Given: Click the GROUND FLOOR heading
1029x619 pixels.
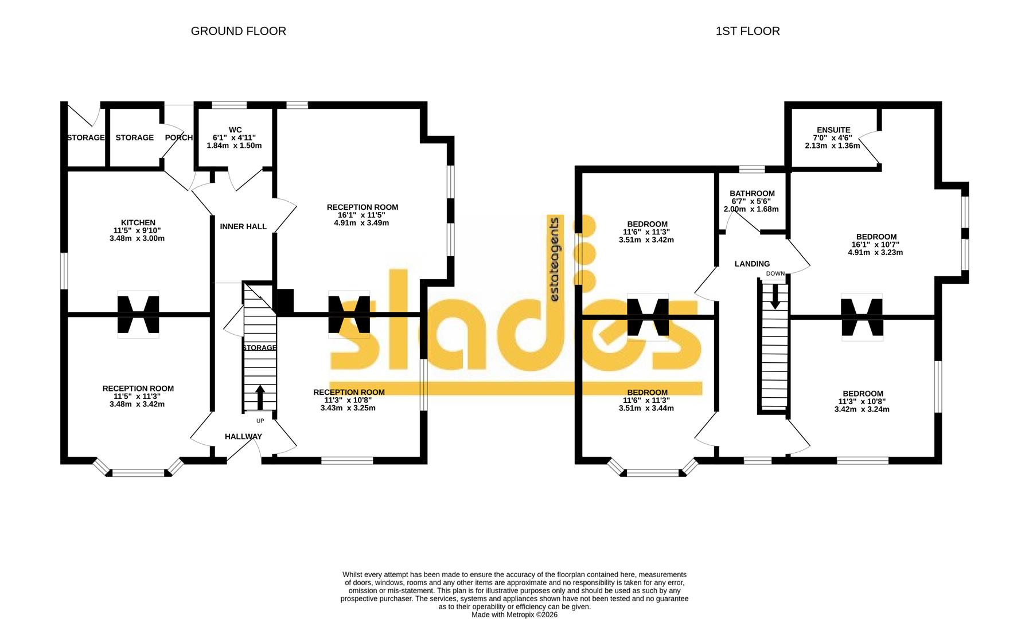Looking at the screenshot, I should [238, 31].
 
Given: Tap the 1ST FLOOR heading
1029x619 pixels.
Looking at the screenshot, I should [747, 31].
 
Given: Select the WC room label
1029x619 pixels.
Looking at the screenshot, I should [235, 130].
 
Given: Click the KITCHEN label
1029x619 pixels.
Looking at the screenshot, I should [138, 222].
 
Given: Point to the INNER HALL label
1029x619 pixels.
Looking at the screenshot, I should [243, 226].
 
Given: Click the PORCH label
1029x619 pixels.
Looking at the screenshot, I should [178, 138].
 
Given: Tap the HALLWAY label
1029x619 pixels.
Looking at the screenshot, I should [243, 436].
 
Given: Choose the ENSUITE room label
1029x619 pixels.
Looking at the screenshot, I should [833, 130].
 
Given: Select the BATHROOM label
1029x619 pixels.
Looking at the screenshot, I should [752, 194].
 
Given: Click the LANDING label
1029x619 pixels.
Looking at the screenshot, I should [752, 264].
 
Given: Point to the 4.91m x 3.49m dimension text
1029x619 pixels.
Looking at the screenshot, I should [361, 222].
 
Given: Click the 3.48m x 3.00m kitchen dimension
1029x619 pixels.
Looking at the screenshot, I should [137, 238].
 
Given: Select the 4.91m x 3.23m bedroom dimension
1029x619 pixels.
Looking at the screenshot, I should [875, 252].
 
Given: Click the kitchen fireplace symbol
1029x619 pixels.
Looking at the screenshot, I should [138, 314].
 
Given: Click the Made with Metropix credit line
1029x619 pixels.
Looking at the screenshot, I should [514, 614].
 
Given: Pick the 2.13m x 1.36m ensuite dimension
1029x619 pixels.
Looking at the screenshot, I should [832, 146].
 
